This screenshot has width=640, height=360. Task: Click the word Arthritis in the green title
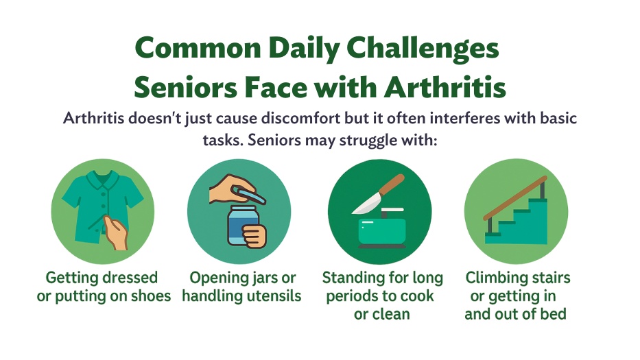(445, 87)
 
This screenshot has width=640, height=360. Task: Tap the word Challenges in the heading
(423, 49)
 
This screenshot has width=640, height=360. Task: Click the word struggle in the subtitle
(368, 141)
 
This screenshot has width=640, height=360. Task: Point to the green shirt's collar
(102, 179)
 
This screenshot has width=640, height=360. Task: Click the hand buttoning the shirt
(115, 232)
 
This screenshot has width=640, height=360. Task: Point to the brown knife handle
(392, 184)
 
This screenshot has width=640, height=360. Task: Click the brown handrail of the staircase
(515, 198)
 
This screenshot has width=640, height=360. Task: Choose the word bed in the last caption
(555, 314)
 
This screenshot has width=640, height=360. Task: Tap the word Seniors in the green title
(186, 87)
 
